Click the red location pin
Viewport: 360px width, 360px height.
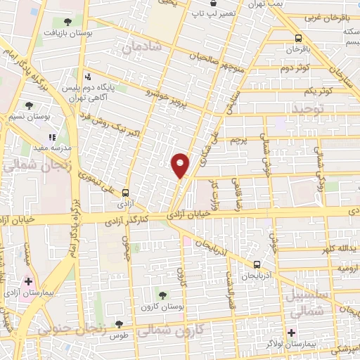[181, 165]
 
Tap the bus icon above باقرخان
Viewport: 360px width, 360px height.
[298, 39]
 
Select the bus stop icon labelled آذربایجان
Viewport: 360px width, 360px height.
[257, 265]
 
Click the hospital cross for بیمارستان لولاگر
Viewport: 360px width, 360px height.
[291, 331]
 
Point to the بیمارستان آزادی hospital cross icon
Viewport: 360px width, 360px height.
[28, 281]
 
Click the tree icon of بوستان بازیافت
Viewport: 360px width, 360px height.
[67, 23]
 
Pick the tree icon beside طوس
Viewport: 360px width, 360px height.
[117, 324]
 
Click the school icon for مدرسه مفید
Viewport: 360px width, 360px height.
[51, 137]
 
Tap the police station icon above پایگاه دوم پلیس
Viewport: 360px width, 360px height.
[88, 77]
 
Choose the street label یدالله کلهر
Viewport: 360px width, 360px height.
[336, 250]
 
